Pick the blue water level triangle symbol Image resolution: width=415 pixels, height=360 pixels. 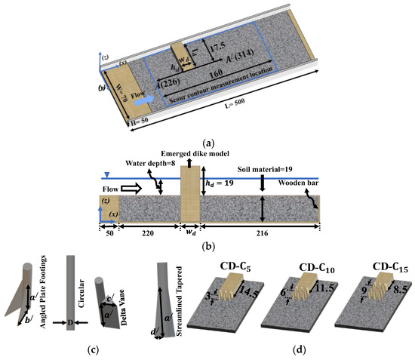pos(104,174)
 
